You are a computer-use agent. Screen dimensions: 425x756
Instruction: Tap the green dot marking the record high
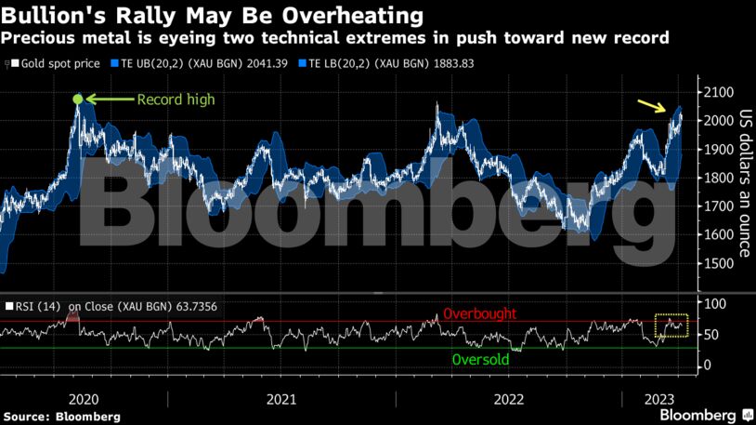pos(78,100)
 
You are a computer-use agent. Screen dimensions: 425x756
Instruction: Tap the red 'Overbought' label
pos(479,314)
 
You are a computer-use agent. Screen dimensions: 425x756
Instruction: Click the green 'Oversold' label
pos(480,359)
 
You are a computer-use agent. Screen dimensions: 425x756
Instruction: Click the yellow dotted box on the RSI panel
pos(671,325)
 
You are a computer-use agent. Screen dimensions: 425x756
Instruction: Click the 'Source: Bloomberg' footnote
pos(61,417)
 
